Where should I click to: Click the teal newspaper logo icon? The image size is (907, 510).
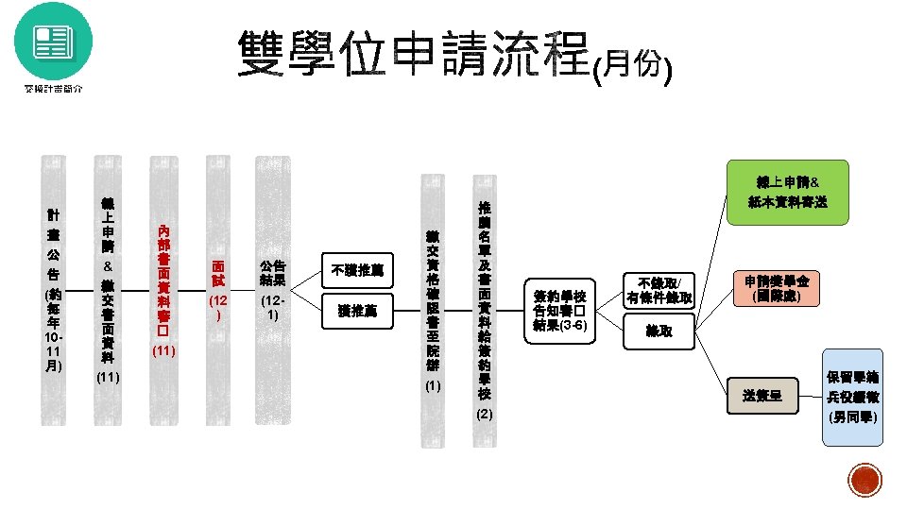54,41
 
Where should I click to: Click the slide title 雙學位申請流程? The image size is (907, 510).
414,54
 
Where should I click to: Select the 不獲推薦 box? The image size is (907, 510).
354,269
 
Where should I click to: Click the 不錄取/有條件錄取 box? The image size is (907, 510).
659,289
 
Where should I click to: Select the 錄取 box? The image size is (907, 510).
659,331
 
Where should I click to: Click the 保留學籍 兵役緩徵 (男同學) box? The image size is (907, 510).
853,397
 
